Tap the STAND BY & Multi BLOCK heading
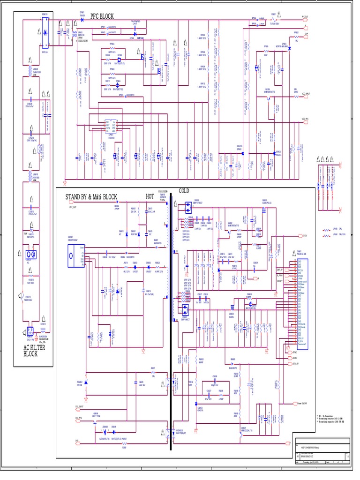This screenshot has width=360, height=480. pyautogui.click(x=91, y=196)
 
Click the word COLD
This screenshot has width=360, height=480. pyautogui.click(x=184, y=190)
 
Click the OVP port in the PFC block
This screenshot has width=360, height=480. pyautogui.click(x=305, y=34)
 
